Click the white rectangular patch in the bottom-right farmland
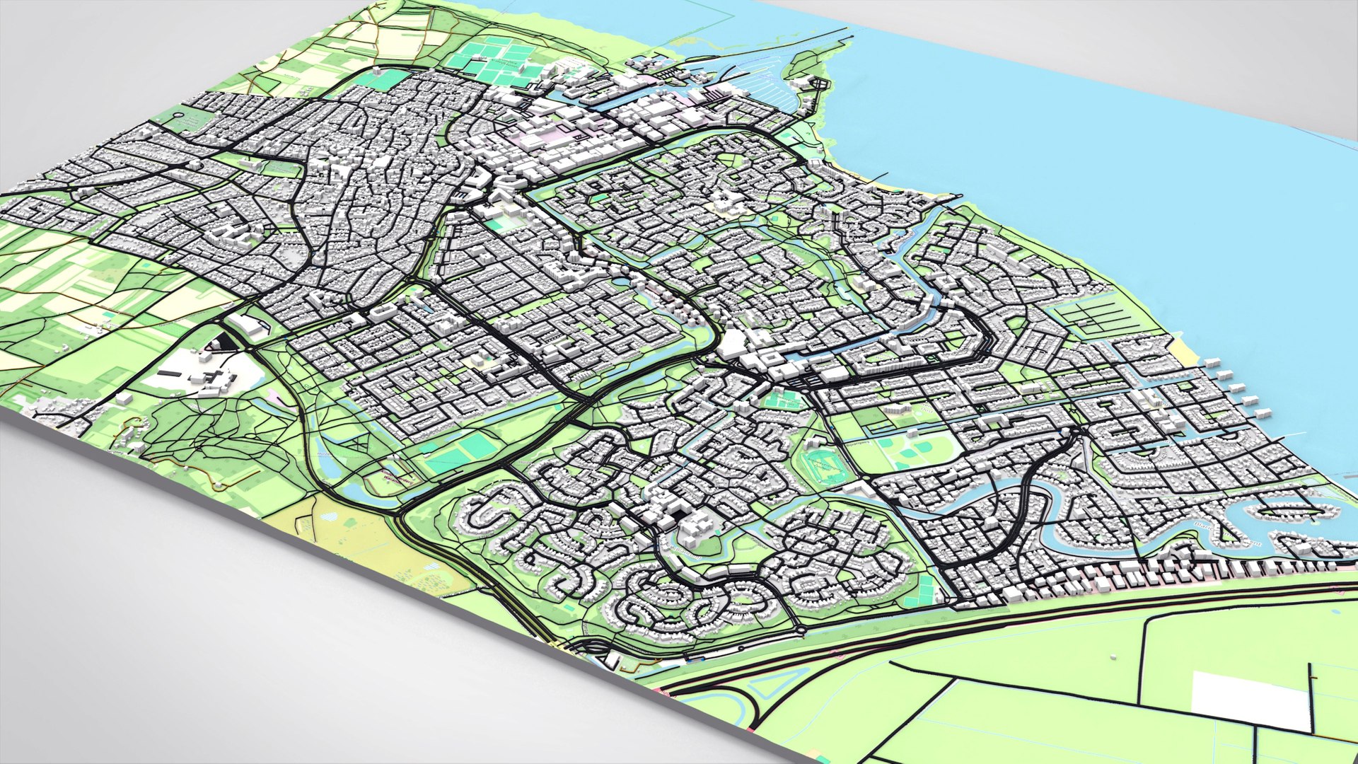click(x=1252, y=700)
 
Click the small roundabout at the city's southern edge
click(x=801, y=629)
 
